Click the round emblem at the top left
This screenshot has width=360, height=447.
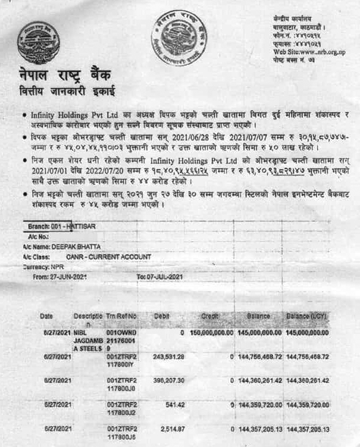click(37, 43)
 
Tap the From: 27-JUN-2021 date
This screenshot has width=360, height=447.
click(60, 277)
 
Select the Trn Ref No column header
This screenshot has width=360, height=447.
click(121, 315)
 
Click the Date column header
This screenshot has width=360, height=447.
click(48, 315)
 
